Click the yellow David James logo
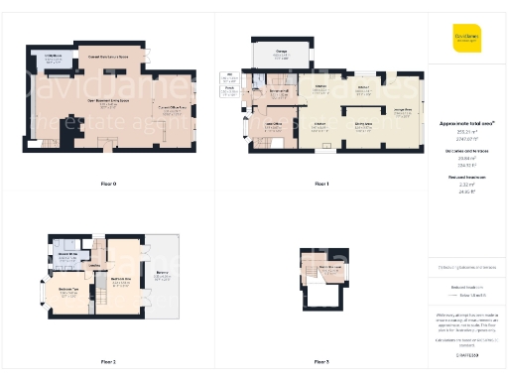pyautogui.click(x=466, y=38)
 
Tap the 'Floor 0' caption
pyautogui.click(x=107, y=184)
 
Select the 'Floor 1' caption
pyautogui.click(x=320, y=184)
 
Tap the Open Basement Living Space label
pyautogui.click(x=109, y=101)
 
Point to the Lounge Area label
pyautogui.click(x=403, y=111)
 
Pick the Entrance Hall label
pyautogui.click(x=280, y=92)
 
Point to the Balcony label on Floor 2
pyautogui.click(x=161, y=272)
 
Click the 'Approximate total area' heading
pyautogui.click(x=466, y=123)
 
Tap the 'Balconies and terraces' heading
pyautogui.click(x=466, y=151)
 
